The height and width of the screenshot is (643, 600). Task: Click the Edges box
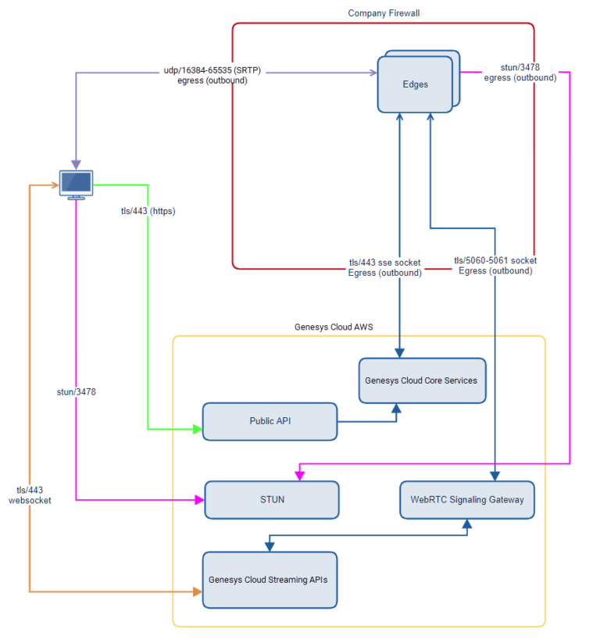[416, 84]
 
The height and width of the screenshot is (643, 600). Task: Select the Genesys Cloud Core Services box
[422, 380]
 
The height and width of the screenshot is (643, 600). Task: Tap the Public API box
[270, 421]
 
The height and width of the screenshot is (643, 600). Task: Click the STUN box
[272, 499]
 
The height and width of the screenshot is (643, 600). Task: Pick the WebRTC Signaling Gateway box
[467, 499]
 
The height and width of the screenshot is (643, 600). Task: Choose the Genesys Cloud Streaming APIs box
[270, 580]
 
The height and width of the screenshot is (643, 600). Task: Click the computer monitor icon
[77, 184]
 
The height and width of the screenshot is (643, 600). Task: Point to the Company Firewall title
[384, 13]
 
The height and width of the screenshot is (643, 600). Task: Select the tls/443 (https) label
[148, 211]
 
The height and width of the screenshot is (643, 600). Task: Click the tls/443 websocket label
[30, 495]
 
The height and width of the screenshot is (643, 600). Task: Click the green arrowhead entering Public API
[198, 429]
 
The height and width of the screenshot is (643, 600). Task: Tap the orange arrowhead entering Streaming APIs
[197, 592]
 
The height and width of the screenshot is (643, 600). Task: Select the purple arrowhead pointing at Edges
[373, 73]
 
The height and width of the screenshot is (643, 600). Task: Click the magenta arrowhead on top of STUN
[298, 476]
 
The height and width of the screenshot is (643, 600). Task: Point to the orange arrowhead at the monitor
[55, 185]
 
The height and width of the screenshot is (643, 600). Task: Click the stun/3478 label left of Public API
[77, 391]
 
